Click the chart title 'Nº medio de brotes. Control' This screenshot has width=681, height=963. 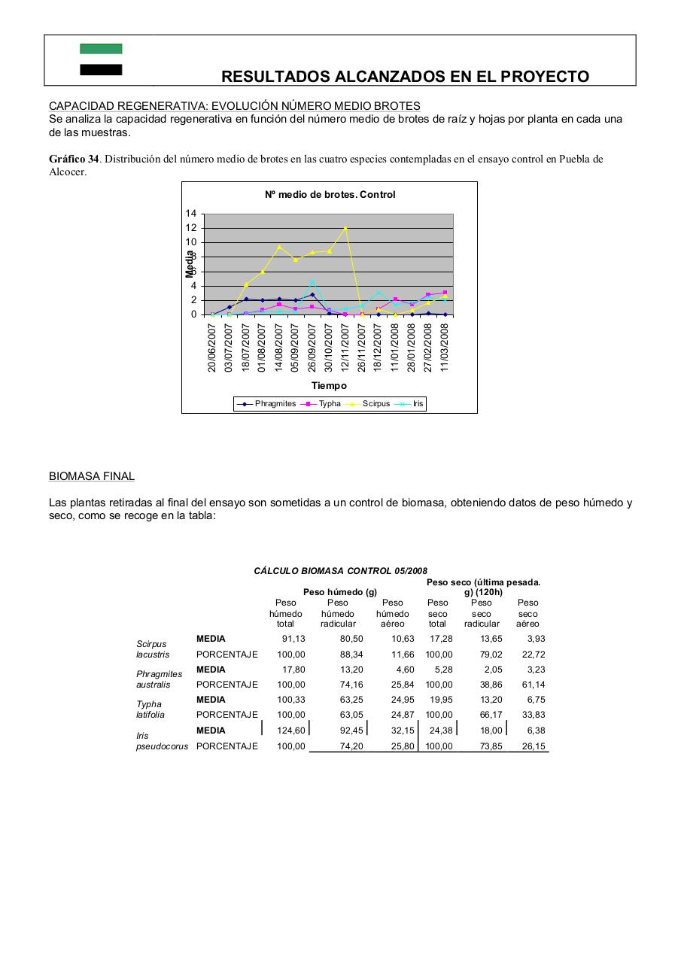330,194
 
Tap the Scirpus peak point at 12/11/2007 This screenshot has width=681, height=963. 345,228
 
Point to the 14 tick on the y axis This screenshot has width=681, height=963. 191,214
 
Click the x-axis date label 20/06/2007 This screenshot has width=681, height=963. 212,347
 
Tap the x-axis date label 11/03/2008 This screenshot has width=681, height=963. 445,347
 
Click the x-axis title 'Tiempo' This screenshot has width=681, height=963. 330,386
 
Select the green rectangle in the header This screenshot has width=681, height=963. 101,49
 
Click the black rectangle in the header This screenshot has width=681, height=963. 101,70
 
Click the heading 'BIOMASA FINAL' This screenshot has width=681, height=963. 92,476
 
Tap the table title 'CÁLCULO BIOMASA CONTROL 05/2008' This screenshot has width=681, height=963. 341,571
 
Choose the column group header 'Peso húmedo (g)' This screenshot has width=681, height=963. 339,592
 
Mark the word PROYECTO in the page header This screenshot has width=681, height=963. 543,77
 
